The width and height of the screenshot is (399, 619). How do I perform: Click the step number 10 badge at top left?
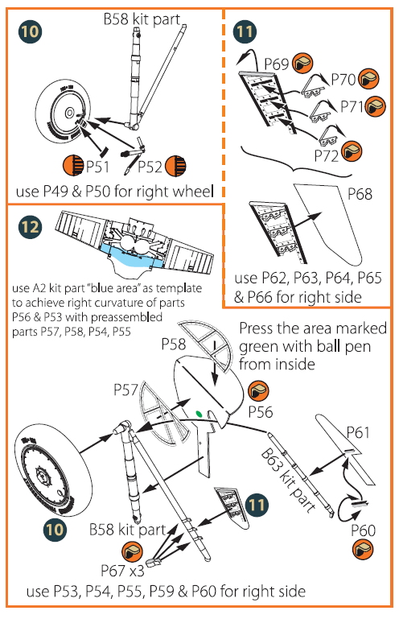30,31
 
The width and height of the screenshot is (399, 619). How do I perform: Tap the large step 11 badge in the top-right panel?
245,31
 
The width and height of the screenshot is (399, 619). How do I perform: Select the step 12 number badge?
30,227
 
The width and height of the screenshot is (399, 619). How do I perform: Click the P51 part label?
97,167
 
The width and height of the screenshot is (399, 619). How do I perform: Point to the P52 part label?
150,167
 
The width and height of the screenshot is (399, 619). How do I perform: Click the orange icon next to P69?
302,63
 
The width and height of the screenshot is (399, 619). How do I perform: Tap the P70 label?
343,80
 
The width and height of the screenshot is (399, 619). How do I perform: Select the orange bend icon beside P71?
376,106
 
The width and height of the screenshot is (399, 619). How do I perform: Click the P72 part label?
327,156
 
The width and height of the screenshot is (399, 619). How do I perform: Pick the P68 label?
360,194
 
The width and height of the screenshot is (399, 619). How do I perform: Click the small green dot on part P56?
199,414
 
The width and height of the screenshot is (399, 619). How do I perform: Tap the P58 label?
173,345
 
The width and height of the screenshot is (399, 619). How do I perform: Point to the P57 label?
125,390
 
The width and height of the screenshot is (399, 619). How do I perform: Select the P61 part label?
357,433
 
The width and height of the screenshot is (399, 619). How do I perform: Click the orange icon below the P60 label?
363,549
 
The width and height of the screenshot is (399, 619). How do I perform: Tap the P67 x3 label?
123,571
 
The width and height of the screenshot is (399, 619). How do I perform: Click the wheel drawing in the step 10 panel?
63,113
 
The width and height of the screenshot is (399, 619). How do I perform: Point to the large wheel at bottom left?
53,470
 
